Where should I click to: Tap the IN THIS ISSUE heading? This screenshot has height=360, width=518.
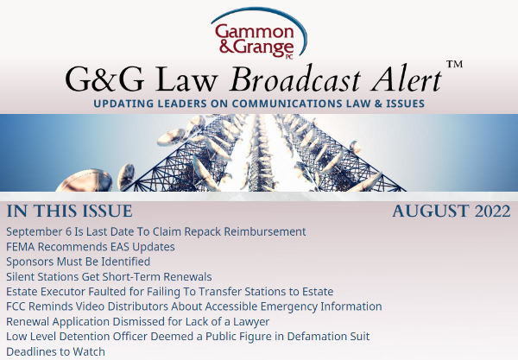(x=70, y=212)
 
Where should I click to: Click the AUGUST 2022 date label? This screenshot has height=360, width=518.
(x=450, y=212)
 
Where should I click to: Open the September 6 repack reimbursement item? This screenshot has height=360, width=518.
(x=156, y=231)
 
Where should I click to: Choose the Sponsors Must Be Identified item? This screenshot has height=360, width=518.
(x=79, y=262)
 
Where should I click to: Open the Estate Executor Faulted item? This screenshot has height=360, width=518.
(x=169, y=292)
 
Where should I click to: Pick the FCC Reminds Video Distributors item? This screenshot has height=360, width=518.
(x=193, y=306)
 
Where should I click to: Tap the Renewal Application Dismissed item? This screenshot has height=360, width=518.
(x=137, y=321)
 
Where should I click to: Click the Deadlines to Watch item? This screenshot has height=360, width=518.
(x=55, y=351)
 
